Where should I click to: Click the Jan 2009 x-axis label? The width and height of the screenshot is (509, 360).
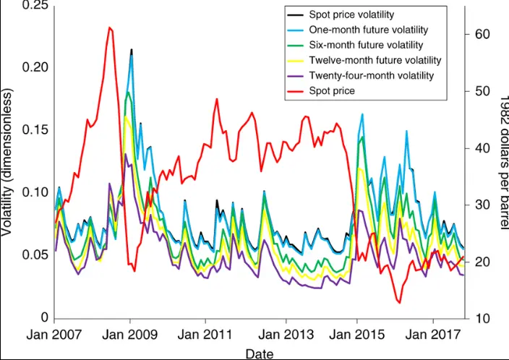(129, 336)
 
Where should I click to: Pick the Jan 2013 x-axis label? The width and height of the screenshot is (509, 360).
(286, 336)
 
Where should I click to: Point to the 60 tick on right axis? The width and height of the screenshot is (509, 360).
(483, 35)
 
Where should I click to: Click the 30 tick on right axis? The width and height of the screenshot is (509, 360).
(483, 205)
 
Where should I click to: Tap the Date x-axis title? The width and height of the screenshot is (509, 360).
(259, 353)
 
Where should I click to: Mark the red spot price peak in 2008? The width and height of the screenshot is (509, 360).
(110, 27)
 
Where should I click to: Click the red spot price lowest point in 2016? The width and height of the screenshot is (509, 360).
(398, 303)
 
